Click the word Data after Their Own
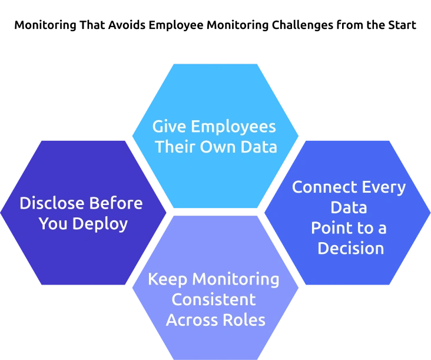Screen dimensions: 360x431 coord(258,147)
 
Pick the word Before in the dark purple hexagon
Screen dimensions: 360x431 coord(117,203)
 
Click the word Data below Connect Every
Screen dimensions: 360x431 coord(349,207)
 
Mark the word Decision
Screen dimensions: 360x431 coord(350,247)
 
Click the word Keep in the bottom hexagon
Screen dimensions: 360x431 coord(167,279)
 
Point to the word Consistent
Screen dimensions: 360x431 coord(213,299)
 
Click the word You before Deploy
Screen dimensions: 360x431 coord(52,224)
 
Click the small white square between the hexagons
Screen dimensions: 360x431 coord(163,227)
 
